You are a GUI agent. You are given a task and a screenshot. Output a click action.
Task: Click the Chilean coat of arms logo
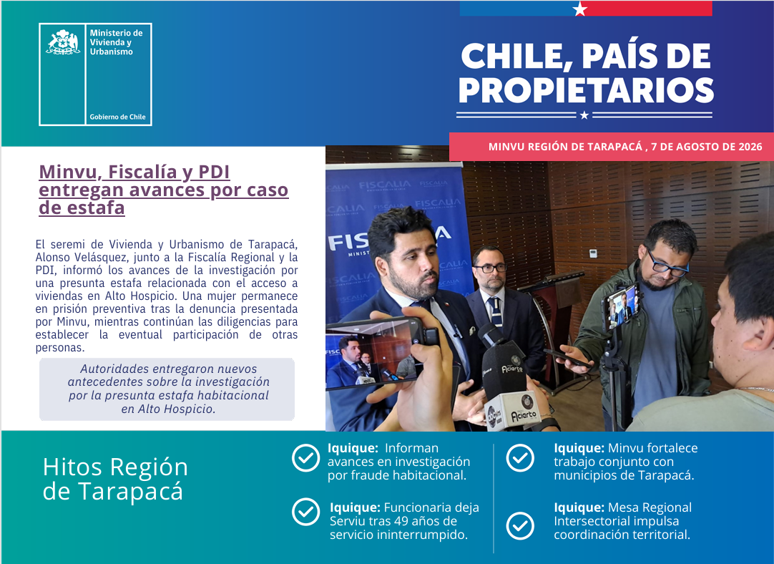[63, 42]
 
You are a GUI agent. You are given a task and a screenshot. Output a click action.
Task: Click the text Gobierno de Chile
[117, 117]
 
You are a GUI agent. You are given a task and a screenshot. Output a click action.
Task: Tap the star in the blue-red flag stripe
[580, 9]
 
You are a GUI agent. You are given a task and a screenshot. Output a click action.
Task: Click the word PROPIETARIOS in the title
[586, 90]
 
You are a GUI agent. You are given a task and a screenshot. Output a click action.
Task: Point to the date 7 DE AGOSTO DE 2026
[706, 147]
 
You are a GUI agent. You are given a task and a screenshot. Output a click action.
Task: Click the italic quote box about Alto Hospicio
[167, 389]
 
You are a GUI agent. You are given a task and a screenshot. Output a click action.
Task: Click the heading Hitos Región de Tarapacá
[115, 479]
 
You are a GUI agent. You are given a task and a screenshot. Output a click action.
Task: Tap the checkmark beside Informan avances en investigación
[305, 458]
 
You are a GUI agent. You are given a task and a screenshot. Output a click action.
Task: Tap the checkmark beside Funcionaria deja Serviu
[305, 512]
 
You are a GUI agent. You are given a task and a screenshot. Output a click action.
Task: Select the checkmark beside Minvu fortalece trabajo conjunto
[520, 458]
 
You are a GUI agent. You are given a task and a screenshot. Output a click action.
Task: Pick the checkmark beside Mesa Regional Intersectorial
[520, 526]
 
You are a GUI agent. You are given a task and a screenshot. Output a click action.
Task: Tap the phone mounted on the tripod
[622, 306]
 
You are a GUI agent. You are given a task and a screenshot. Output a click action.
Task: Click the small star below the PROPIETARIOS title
[584, 115]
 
